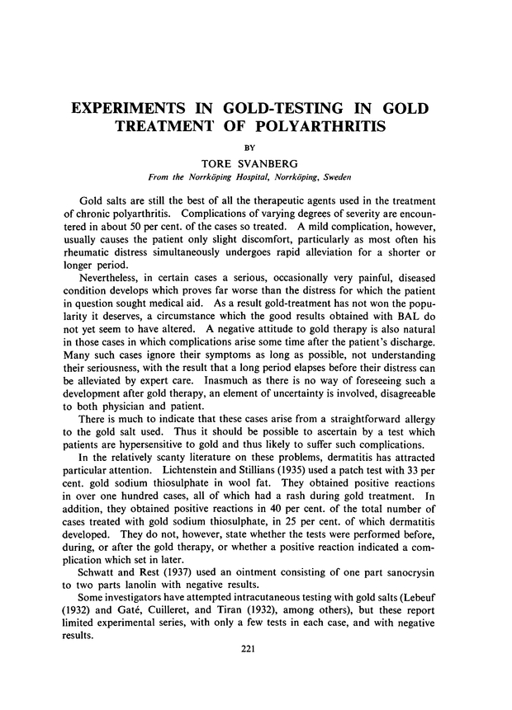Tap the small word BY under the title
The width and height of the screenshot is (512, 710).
tap(256, 147)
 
